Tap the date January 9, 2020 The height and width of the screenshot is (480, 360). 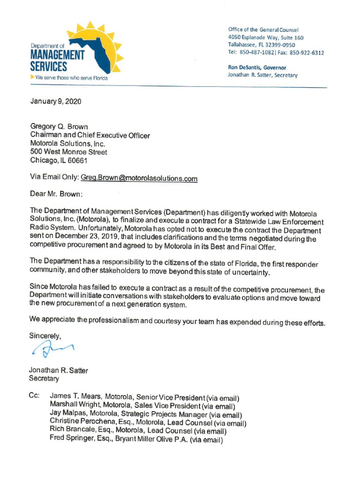coord(55,101)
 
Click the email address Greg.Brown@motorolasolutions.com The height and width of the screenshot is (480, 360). coord(139,178)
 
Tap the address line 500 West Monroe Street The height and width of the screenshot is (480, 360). coord(68,152)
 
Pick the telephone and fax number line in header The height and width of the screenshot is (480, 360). coord(276,52)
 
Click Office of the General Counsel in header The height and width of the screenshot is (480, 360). coord(263,30)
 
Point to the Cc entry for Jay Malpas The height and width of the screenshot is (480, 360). coord(145,414)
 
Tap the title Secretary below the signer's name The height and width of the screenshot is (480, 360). coord(44,378)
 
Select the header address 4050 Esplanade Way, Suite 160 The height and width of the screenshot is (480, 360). coord(266,37)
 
